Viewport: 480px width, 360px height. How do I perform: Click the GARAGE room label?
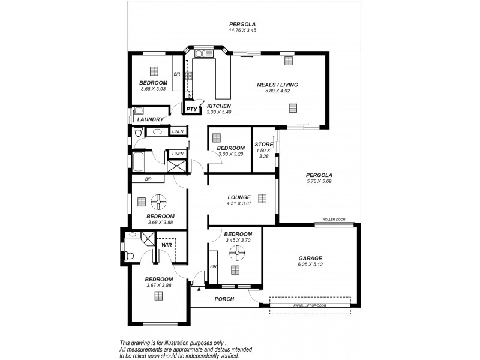point(310,258)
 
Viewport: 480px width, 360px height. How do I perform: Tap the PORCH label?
point(224,299)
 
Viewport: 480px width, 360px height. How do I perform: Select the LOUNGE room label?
point(239,197)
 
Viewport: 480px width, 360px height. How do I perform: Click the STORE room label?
point(263,144)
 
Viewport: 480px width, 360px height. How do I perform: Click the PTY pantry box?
point(191,109)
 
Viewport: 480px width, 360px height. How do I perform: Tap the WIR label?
point(166,245)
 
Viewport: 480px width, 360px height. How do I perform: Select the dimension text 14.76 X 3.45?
point(242,30)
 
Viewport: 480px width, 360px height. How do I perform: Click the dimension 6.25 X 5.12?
point(310,265)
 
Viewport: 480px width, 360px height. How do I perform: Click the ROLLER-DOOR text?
point(334,220)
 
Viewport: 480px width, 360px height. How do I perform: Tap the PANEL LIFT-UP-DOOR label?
point(310,305)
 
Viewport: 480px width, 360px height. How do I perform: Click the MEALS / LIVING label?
point(277,85)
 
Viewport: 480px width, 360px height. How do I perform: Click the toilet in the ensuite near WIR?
point(128,255)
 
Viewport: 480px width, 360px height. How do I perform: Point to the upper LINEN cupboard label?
point(178,131)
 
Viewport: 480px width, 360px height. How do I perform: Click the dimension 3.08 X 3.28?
point(230,154)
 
